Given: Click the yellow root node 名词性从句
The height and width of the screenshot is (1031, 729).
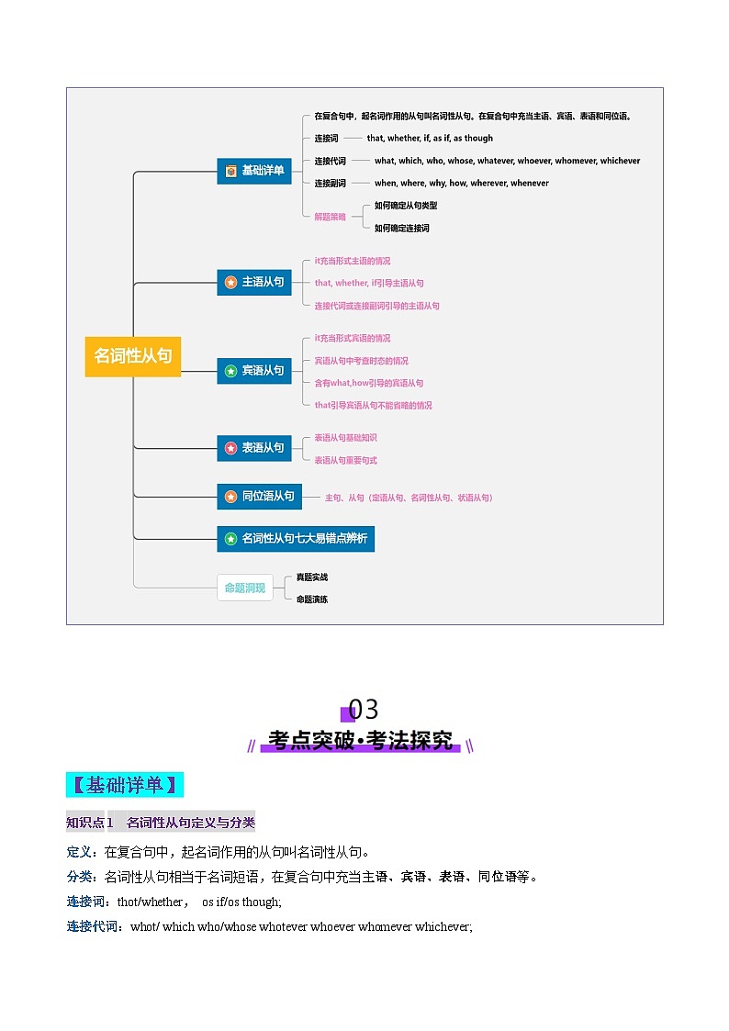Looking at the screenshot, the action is pyautogui.click(x=133, y=356).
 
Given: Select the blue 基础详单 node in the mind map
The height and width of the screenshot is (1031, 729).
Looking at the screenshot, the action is pyautogui.click(x=254, y=171).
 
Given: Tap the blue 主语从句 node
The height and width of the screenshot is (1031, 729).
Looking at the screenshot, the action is pyautogui.click(x=254, y=282).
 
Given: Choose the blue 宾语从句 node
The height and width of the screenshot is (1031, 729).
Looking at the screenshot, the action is pyautogui.click(x=254, y=371).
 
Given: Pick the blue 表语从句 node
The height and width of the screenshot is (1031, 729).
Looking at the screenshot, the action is pyautogui.click(x=254, y=448).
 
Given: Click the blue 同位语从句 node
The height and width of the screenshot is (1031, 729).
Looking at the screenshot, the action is pyautogui.click(x=260, y=497).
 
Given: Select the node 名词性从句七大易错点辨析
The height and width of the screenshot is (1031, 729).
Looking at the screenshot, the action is pyautogui.click(x=296, y=539).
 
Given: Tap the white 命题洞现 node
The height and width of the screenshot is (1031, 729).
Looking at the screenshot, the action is pyautogui.click(x=245, y=588).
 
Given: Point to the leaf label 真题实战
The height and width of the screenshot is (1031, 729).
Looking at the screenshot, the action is pyautogui.click(x=311, y=577).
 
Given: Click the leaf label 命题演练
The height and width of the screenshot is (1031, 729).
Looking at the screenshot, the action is pyautogui.click(x=311, y=600).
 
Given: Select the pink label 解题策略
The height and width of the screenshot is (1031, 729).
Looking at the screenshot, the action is pyautogui.click(x=330, y=217).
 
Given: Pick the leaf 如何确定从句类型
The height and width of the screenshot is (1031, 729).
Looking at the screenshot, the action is pyautogui.click(x=406, y=206).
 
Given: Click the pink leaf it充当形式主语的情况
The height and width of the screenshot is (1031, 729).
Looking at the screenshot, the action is pyautogui.click(x=353, y=261).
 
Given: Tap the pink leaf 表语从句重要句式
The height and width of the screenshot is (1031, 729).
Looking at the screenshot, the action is pyautogui.click(x=346, y=460).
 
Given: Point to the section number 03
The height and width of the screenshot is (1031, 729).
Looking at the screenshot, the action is pyautogui.click(x=363, y=710).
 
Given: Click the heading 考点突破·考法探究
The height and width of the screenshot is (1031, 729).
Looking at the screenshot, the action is pyautogui.click(x=360, y=740).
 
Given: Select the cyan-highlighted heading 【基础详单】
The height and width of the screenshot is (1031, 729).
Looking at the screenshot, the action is pyautogui.click(x=125, y=785).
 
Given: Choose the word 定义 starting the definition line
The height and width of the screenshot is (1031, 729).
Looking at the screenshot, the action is pyautogui.click(x=79, y=852).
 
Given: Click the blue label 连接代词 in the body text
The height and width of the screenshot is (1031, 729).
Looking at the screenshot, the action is pyautogui.click(x=92, y=927).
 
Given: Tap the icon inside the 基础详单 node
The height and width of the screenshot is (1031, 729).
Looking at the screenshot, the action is pyautogui.click(x=230, y=171).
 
